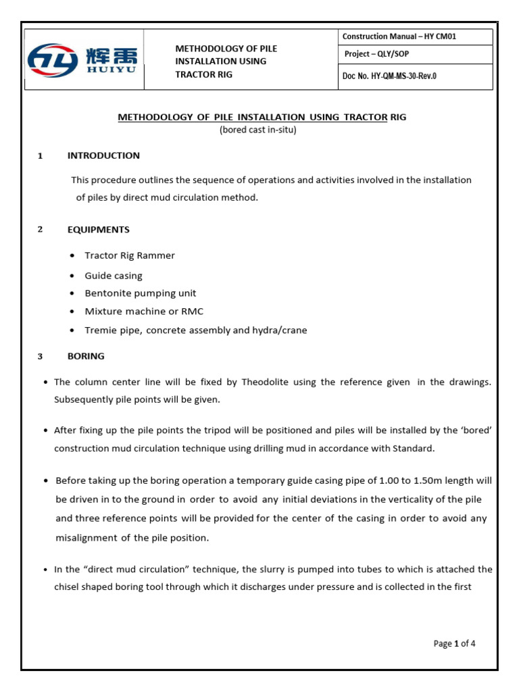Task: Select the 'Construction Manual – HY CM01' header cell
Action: coord(399,36)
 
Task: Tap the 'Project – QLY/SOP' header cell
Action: coord(375,54)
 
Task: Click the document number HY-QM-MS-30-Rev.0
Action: coord(389,76)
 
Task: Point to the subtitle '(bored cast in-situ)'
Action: coord(257,130)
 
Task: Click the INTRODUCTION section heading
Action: coord(103,155)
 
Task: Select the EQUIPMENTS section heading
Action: coord(98,230)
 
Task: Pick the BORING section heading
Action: coord(86,356)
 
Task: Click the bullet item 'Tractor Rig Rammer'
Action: coord(129,255)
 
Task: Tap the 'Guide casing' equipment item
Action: coord(113,276)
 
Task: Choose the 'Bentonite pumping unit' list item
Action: coord(140,293)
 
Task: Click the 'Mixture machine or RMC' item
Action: coord(143,312)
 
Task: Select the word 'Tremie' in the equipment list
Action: coord(99,330)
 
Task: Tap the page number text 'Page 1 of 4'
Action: coord(454,644)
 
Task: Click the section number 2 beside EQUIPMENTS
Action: coord(40,230)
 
